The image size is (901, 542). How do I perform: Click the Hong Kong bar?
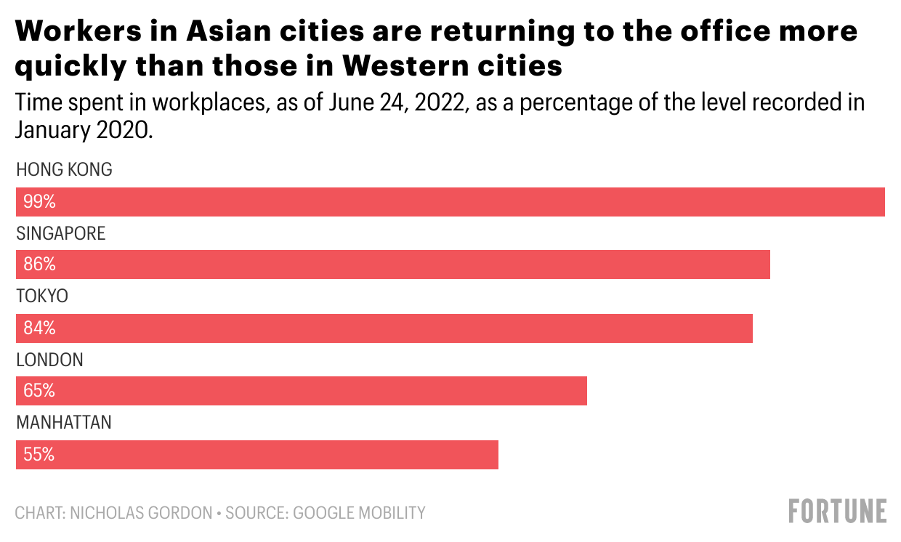coord(450,202)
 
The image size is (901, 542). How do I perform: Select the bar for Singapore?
coord(392,264)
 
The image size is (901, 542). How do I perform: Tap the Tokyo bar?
coord(384,328)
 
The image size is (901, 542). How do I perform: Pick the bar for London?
coord(301,391)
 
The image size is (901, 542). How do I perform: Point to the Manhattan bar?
coord(256,454)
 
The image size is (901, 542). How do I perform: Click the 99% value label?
coord(39,202)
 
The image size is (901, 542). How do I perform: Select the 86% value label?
coord(39,264)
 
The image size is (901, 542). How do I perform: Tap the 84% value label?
coord(39,328)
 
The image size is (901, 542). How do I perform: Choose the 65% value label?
coord(39,391)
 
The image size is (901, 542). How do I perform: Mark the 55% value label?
coord(39,454)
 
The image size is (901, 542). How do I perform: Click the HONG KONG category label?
coord(64,170)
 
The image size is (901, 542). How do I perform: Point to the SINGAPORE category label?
coord(61,233)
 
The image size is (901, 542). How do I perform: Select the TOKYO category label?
coord(42,296)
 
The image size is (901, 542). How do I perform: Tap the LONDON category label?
coord(49,360)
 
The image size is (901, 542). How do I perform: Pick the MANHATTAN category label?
coord(64,422)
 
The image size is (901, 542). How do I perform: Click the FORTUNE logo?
coord(838,511)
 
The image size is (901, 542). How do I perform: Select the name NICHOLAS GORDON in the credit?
coord(142,513)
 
